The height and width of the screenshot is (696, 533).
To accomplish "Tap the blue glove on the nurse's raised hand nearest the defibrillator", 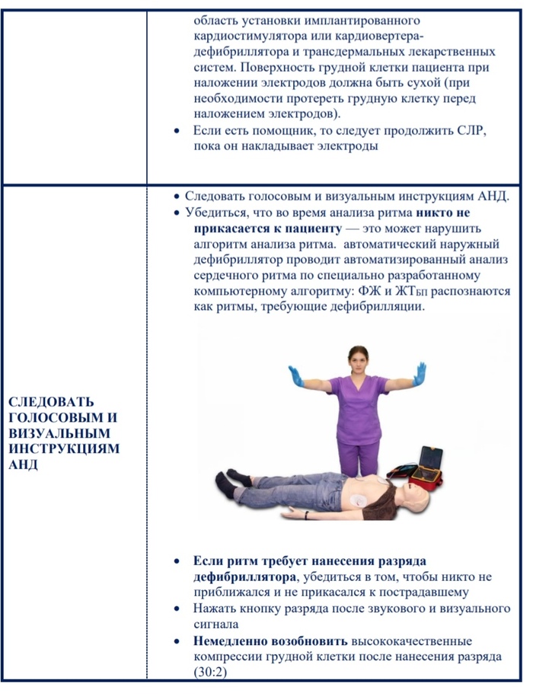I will click(x=419, y=375).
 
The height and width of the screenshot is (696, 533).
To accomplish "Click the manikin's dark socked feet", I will click(x=222, y=480).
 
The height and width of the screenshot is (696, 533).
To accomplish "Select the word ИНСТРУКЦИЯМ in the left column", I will click(x=64, y=449).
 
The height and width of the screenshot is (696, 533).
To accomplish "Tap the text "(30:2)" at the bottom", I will click(x=211, y=672).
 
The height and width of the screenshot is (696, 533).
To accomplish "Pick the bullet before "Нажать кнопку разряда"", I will click(x=177, y=608).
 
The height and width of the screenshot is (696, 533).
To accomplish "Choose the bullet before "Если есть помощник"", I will click(x=177, y=131).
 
